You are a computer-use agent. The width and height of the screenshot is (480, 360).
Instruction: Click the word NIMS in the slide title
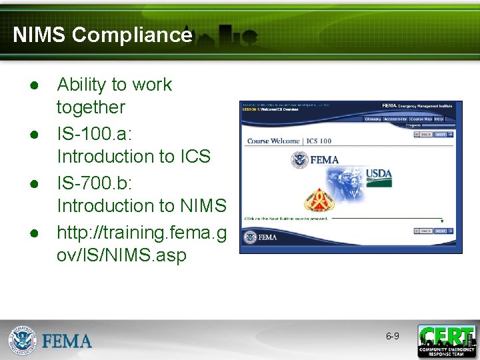[39, 35]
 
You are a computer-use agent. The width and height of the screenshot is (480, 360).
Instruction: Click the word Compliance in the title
[132, 35]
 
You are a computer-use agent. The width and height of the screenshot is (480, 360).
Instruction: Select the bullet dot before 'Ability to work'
[33, 87]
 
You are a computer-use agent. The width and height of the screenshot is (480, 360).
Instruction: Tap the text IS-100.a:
[95, 132]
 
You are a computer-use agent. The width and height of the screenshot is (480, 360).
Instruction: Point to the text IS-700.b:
[95, 181]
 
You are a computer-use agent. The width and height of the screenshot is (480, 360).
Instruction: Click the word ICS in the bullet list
[195, 157]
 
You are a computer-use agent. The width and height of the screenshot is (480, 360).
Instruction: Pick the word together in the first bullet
[91, 107]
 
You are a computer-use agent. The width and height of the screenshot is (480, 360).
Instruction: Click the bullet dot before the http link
[33, 234]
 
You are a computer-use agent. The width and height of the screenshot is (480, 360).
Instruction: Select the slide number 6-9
[393, 336]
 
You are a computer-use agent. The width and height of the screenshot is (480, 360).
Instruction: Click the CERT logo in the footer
[447, 341]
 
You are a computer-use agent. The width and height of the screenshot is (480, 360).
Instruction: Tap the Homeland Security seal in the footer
[22, 341]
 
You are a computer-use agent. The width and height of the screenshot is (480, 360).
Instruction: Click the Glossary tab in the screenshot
[372, 119]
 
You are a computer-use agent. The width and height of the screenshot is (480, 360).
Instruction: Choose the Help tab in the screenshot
[439, 119]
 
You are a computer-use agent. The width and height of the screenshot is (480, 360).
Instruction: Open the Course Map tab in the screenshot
[421, 119]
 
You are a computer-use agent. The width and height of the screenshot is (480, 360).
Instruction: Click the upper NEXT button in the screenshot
[442, 134]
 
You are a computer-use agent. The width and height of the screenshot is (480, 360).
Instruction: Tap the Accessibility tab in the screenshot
[395, 119]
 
